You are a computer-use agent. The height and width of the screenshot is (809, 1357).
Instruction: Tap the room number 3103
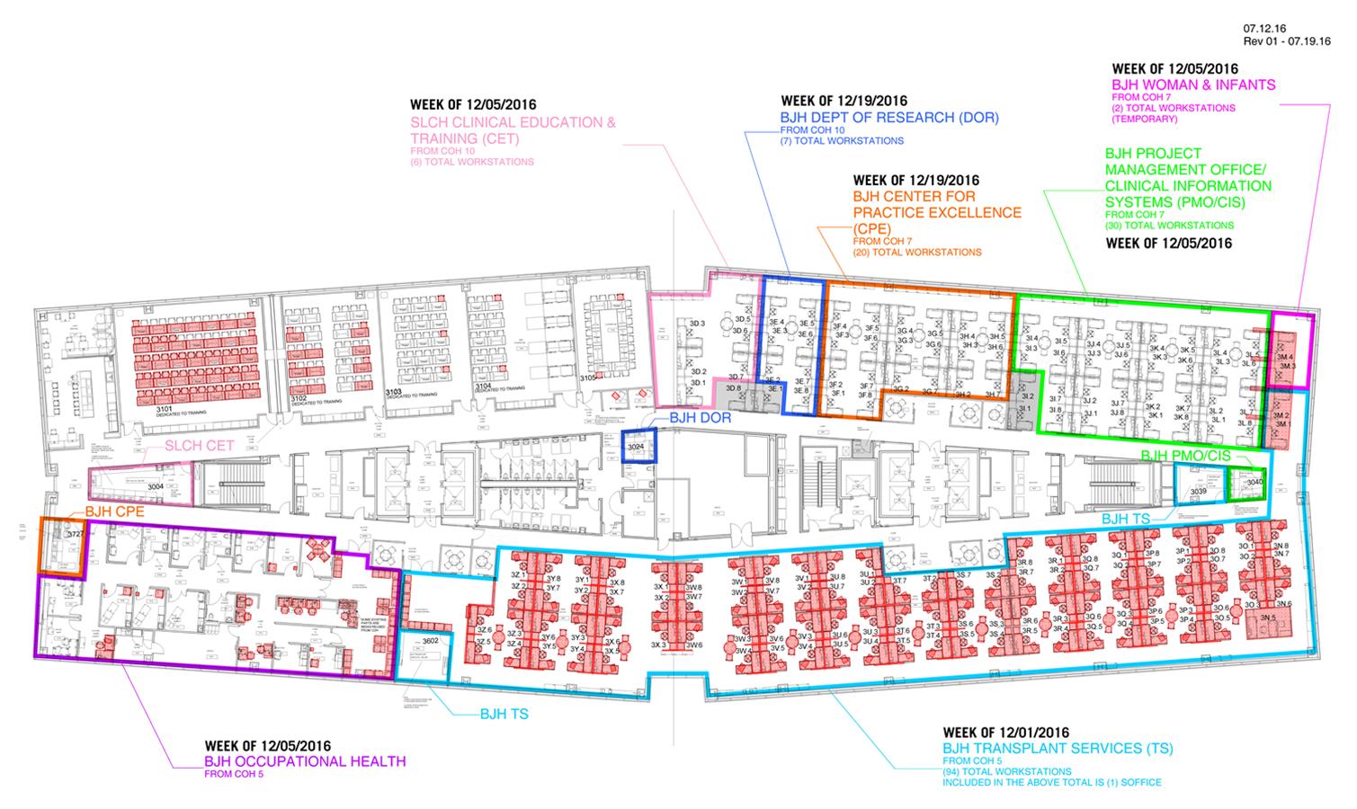(x=392, y=393)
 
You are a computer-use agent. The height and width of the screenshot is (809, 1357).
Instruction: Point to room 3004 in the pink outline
(x=156, y=486)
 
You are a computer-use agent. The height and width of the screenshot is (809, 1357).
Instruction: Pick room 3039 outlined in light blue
(x=1198, y=492)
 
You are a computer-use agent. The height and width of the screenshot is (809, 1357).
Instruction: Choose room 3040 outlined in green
(x=1254, y=482)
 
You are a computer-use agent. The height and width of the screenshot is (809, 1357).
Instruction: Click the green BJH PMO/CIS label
(x=1184, y=457)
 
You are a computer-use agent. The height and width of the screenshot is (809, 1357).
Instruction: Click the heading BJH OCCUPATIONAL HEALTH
(x=305, y=761)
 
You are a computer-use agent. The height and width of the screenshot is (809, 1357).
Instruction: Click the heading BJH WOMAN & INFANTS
(x=1193, y=85)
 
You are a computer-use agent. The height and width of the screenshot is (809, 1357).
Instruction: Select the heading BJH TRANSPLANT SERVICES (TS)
(x=1058, y=748)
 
